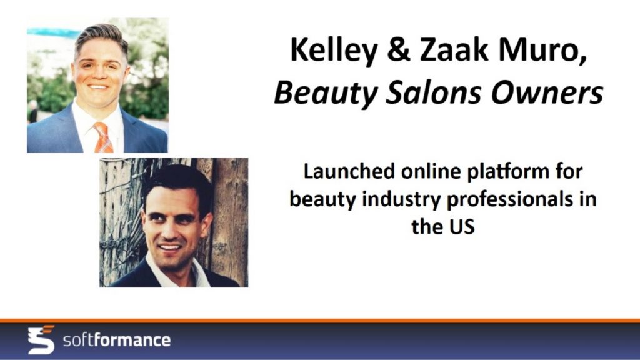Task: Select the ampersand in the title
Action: click(x=398, y=50)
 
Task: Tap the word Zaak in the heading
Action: click(x=454, y=49)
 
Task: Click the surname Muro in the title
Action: click(x=543, y=50)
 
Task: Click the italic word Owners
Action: click(x=547, y=92)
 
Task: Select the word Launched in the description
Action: click(x=349, y=171)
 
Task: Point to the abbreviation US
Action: click(x=462, y=226)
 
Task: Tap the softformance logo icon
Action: click(x=41, y=339)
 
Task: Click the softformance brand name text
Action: click(x=117, y=340)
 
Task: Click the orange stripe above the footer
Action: click(x=320, y=321)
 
